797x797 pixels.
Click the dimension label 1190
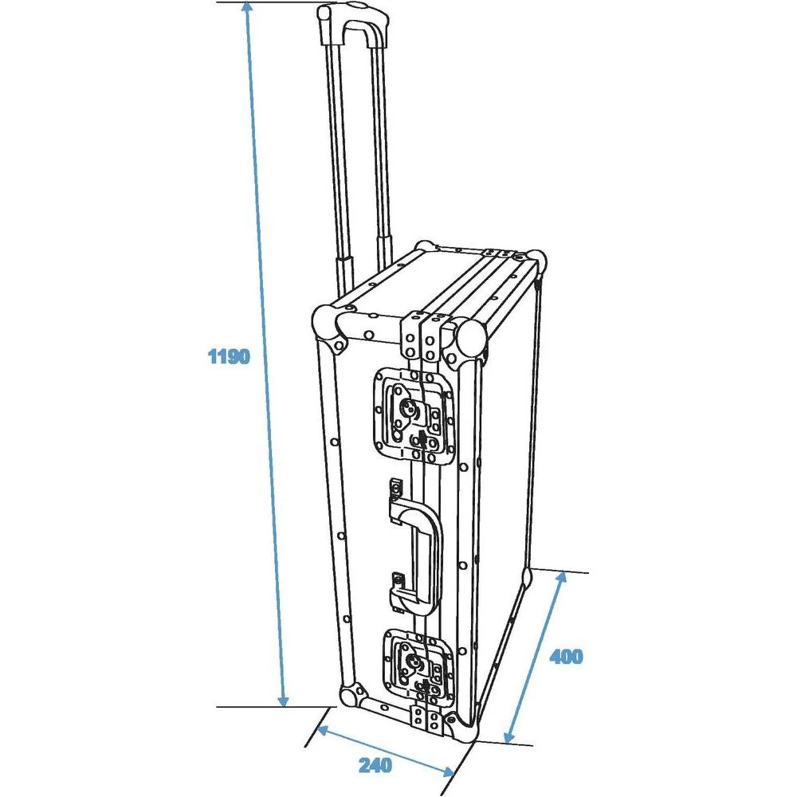(229, 356)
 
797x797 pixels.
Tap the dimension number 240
(375, 766)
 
